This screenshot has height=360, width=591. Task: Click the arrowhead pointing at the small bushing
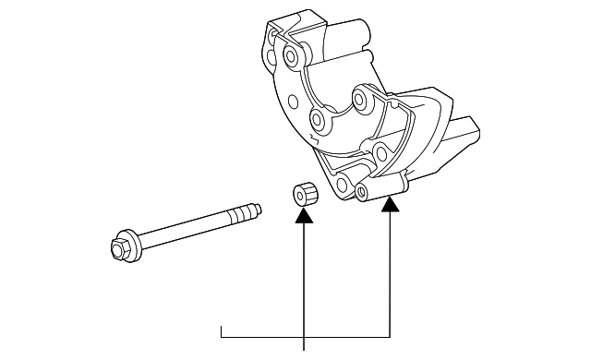point(304,218)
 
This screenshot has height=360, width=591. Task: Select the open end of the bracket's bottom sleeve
point(362,192)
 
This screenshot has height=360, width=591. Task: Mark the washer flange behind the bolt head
point(135,245)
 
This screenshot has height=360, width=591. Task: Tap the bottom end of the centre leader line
point(304,349)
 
